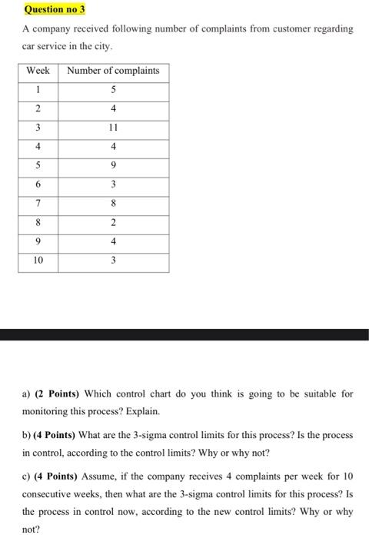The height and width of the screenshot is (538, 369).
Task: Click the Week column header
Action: point(38,71)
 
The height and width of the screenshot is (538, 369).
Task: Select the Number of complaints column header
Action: point(113,71)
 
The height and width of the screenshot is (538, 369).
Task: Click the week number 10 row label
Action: point(38,261)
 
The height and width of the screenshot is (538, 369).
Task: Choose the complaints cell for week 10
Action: point(113,261)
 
